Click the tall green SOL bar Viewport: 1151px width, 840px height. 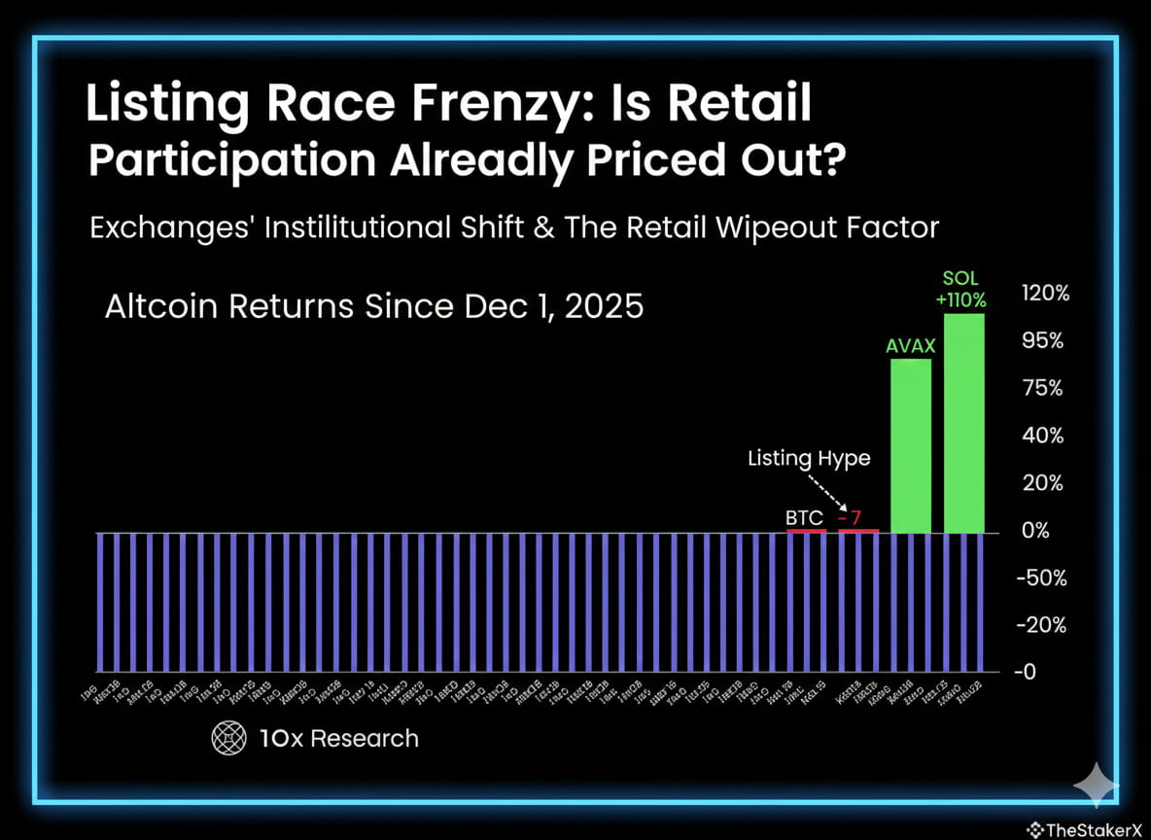coord(963,423)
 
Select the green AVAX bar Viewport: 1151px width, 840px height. coord(911,445)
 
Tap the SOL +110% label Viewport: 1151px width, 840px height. coord(959,289)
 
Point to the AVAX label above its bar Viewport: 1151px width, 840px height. coord(911,345)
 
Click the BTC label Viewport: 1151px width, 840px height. coord(804,517)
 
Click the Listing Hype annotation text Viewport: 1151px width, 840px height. coord(809,458)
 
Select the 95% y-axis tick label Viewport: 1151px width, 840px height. coord(1040,341)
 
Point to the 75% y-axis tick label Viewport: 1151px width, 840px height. coord(1040,389)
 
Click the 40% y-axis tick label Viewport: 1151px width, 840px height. coord(1040,436)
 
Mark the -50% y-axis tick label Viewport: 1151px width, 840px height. coord(1041,578)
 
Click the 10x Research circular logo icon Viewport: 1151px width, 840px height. coord(229,738)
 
